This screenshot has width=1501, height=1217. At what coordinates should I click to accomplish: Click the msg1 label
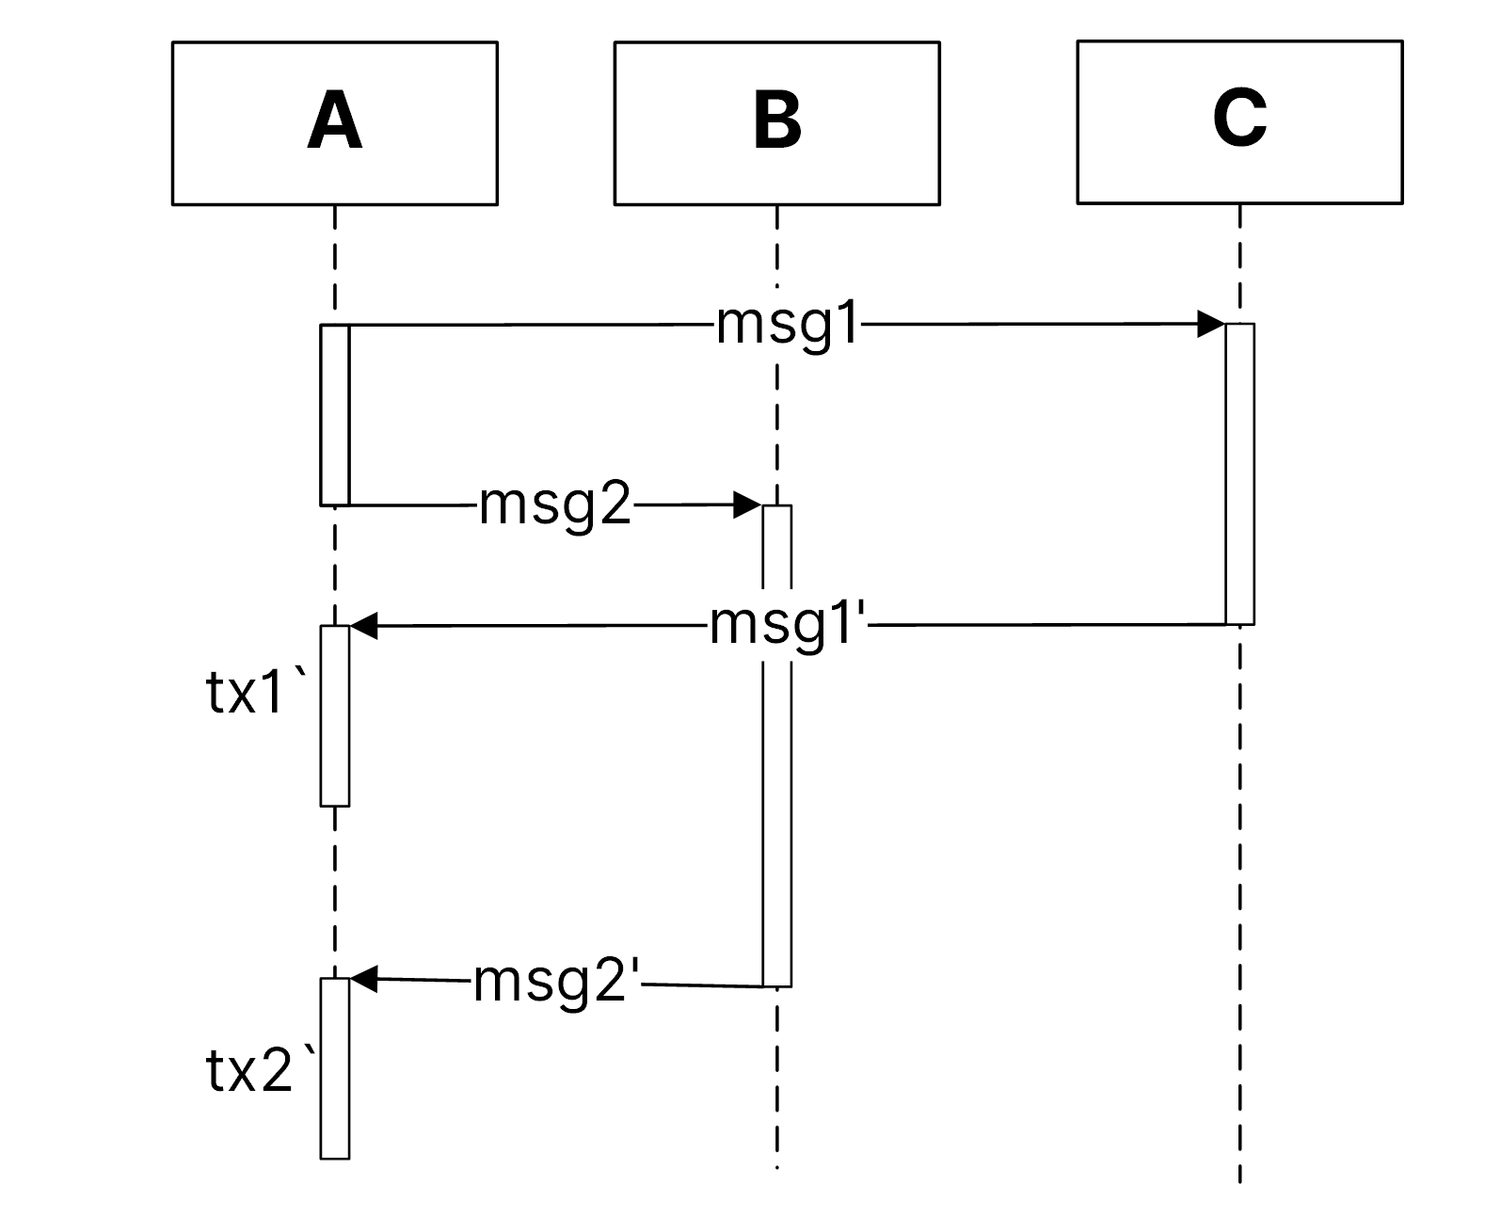click(x=789, y=326)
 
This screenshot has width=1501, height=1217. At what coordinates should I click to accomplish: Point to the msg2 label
click(x=555, y=506)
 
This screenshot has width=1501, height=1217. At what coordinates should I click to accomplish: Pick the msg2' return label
click(x=557, y=983)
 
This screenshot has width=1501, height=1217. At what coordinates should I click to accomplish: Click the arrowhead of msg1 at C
click(x=1210, y=325)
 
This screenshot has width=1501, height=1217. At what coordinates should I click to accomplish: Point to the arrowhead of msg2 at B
click(x=747, y=505)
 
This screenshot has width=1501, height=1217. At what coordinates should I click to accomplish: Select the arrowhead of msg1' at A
click(x=364, y=626)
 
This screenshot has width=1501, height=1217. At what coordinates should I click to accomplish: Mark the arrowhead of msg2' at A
click(x=364, y=979)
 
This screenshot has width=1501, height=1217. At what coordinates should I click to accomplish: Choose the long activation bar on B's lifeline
click(x=776, y=800)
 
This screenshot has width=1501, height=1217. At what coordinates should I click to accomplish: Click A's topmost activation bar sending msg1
click(x=335, y=415)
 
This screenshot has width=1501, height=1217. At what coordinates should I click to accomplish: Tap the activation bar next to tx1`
click(x=335, y=715)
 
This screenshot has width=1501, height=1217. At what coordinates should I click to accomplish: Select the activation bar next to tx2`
click(x=335, y=1068)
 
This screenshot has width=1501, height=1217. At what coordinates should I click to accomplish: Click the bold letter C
click(x=1239, y=120)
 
